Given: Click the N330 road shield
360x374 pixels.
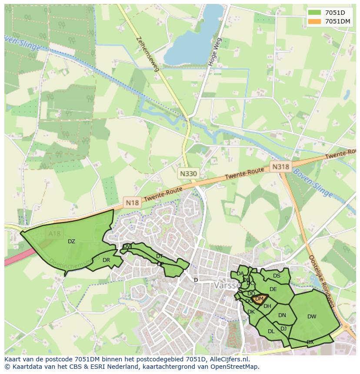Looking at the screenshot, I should click(x=188, y=174).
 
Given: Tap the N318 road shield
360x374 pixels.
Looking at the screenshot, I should click(x=280, y=166).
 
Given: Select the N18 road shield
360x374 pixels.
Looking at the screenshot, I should click(x=132, y=202).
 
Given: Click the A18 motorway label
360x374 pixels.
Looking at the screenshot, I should click(x=55, y=234).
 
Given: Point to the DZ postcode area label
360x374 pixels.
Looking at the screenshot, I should click(x=71, y=242).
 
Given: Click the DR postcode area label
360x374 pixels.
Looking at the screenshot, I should click(x=106, y=260).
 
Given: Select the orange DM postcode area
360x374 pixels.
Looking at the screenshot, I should click(x=260, y=299).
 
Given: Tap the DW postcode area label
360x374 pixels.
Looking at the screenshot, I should click(x=312, y=317).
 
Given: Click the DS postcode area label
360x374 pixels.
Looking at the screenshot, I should click(x=277, y=276).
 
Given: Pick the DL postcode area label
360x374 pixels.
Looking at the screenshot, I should click(x=271, y=331).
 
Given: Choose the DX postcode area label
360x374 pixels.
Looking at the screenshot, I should click(x=310, y=342).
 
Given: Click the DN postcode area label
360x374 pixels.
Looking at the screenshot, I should click(x=282, y=315).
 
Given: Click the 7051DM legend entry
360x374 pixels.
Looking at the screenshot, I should click(x=329, y=21).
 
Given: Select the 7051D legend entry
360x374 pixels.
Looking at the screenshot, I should click(x=329, y=13).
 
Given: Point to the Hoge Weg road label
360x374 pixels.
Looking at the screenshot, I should click(x=215, y=52).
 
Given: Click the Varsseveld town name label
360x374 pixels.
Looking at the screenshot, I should click(x=225, y=286).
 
